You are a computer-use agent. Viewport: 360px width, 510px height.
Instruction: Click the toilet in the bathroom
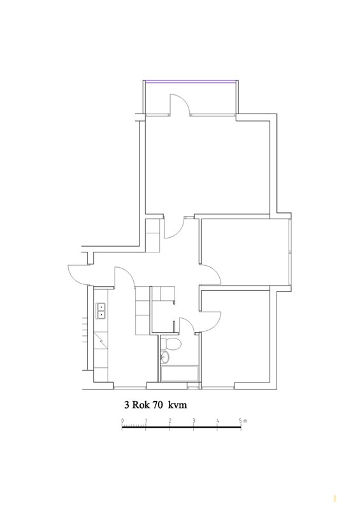[x=171, y=344]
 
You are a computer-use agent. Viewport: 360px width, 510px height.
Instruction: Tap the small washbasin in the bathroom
[x=165, y=356]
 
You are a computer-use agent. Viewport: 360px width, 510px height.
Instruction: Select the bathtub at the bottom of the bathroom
[x=179, y=374]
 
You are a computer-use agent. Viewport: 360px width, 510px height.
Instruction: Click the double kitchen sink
[x=101, y=310]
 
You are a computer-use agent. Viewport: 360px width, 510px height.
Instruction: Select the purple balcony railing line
[x=191, y=82]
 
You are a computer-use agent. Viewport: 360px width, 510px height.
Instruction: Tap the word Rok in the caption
[x=140, y=405]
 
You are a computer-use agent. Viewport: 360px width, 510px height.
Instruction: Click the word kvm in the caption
[x=178, y=405]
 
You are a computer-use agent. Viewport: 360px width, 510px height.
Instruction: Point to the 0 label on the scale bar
[x=122, y=421]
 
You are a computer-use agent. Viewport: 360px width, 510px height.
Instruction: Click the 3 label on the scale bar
[x=194, y=421]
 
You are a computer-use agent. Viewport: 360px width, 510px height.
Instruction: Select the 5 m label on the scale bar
[x=243, y=421]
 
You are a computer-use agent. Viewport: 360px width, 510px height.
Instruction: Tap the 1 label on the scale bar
[x=146, y=421]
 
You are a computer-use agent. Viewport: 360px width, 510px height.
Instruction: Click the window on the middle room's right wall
[x=290, y=251]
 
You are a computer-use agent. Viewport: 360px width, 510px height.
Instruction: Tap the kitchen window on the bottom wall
[x=130, y=388]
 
